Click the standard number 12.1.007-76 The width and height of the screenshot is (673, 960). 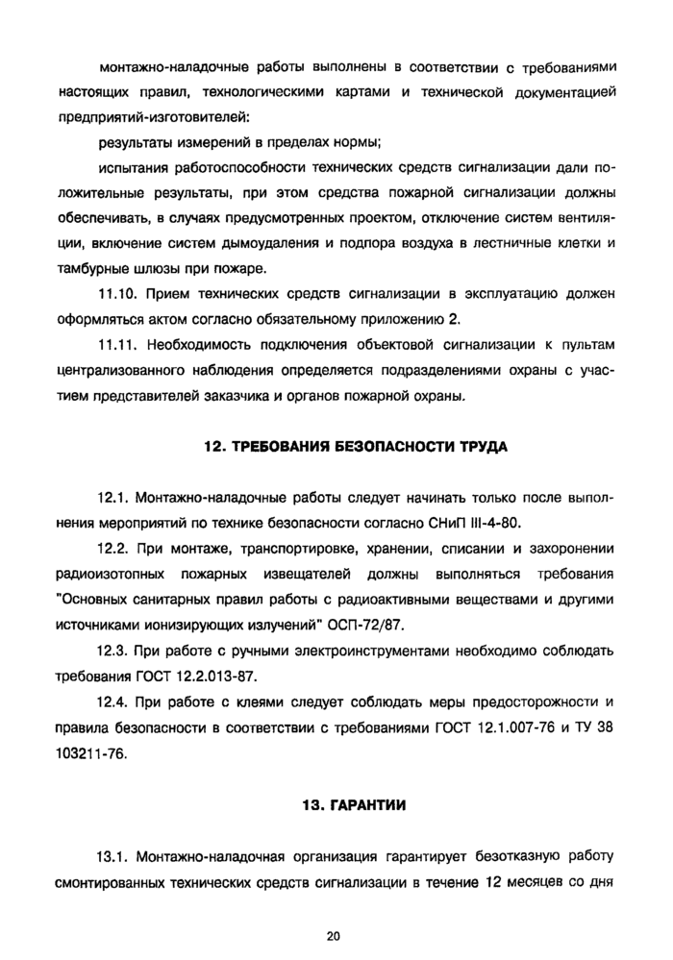click(x=520, y=727)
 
